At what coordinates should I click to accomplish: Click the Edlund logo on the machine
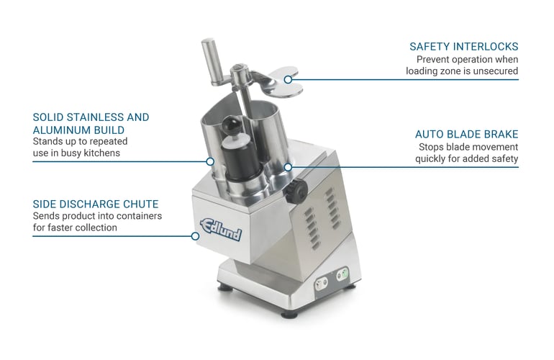click(x=221, y=230)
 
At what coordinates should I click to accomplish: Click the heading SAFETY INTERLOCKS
click(x=463, y=47)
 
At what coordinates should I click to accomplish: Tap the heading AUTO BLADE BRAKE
click(x=466, y=135)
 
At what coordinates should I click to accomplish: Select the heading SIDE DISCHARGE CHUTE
click(x=96, y=204)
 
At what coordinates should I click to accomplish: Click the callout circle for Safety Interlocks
click(x=288, y=80)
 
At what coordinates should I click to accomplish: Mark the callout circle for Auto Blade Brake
click(x=288, y=167)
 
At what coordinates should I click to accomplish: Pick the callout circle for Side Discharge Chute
click(x=195, y=236)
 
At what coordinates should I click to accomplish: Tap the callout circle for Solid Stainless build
click(x=210, y=161)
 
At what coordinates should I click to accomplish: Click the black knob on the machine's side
click(x=296, y=192)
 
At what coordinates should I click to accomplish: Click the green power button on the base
click(x=342, y=274)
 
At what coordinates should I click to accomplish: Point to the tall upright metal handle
click(x=212, y=60)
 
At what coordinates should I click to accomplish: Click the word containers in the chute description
click(x=138, y=216)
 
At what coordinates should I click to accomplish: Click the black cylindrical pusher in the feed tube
click(x=241, y=158)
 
